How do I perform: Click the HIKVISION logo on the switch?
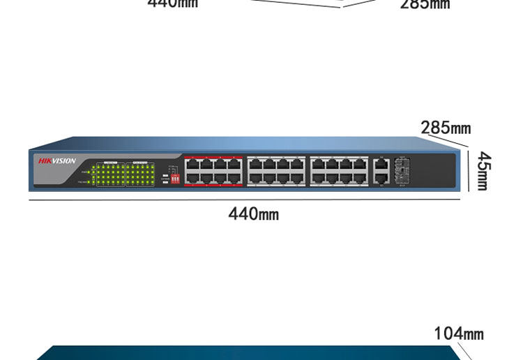pyautogui.click(x=57, y=160)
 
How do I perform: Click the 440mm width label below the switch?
pyautogui.click(x=253, y=213)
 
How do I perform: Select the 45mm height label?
pyautogui.click(x=482, y=171)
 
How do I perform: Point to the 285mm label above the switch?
pyautogui.click(x=445, y=128)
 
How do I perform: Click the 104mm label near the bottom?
pyautogui.click(x=458, y=333)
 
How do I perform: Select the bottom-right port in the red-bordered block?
pyautogui.click(x=236, y=179)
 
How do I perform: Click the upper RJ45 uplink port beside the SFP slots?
pyautogui.click(x=381, y=166)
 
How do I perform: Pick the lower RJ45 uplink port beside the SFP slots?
pyautogui.click(x=381, y=179)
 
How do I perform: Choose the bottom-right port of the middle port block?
pyautogui.click(x=298, y=179)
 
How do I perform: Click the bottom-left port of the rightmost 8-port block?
pyautogui.click(x=316, y=179)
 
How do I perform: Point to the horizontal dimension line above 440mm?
pyautogui.click(x=244, y=201)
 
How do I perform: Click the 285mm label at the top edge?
pyautogui.click(x=425, y=4)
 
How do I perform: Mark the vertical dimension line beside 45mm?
pyautogui.click(x=469, y=171)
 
